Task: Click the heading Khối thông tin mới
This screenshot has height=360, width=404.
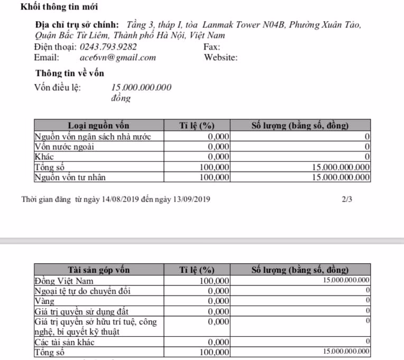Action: pyautogui.click(x=59, y=7)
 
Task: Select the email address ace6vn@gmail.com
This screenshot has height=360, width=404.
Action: pyautogui.click(x=118, y=58)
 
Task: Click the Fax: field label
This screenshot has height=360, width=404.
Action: pyautogui.click(x=212, y=47)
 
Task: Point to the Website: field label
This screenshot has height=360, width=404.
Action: pyautogui.click(x=221, y=58)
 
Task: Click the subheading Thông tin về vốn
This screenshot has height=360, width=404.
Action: pyautogui.click(x=69, y=73)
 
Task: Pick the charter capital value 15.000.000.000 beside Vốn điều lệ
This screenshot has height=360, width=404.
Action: pyautogui.click(x=142, y=88)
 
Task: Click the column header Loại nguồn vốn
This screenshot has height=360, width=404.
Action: pyautogui.click(x=99, y=126)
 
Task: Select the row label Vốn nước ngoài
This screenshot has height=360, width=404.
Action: pyautogui.click(x=64, y=146)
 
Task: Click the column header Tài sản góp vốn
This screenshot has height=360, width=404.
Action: pyautogui.click(x=99, y=270)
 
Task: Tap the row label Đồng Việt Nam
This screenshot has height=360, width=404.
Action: pyautogui.click(x=64, y=280)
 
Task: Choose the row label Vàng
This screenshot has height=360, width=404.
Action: pyautogui.click(x=44, y=300)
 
